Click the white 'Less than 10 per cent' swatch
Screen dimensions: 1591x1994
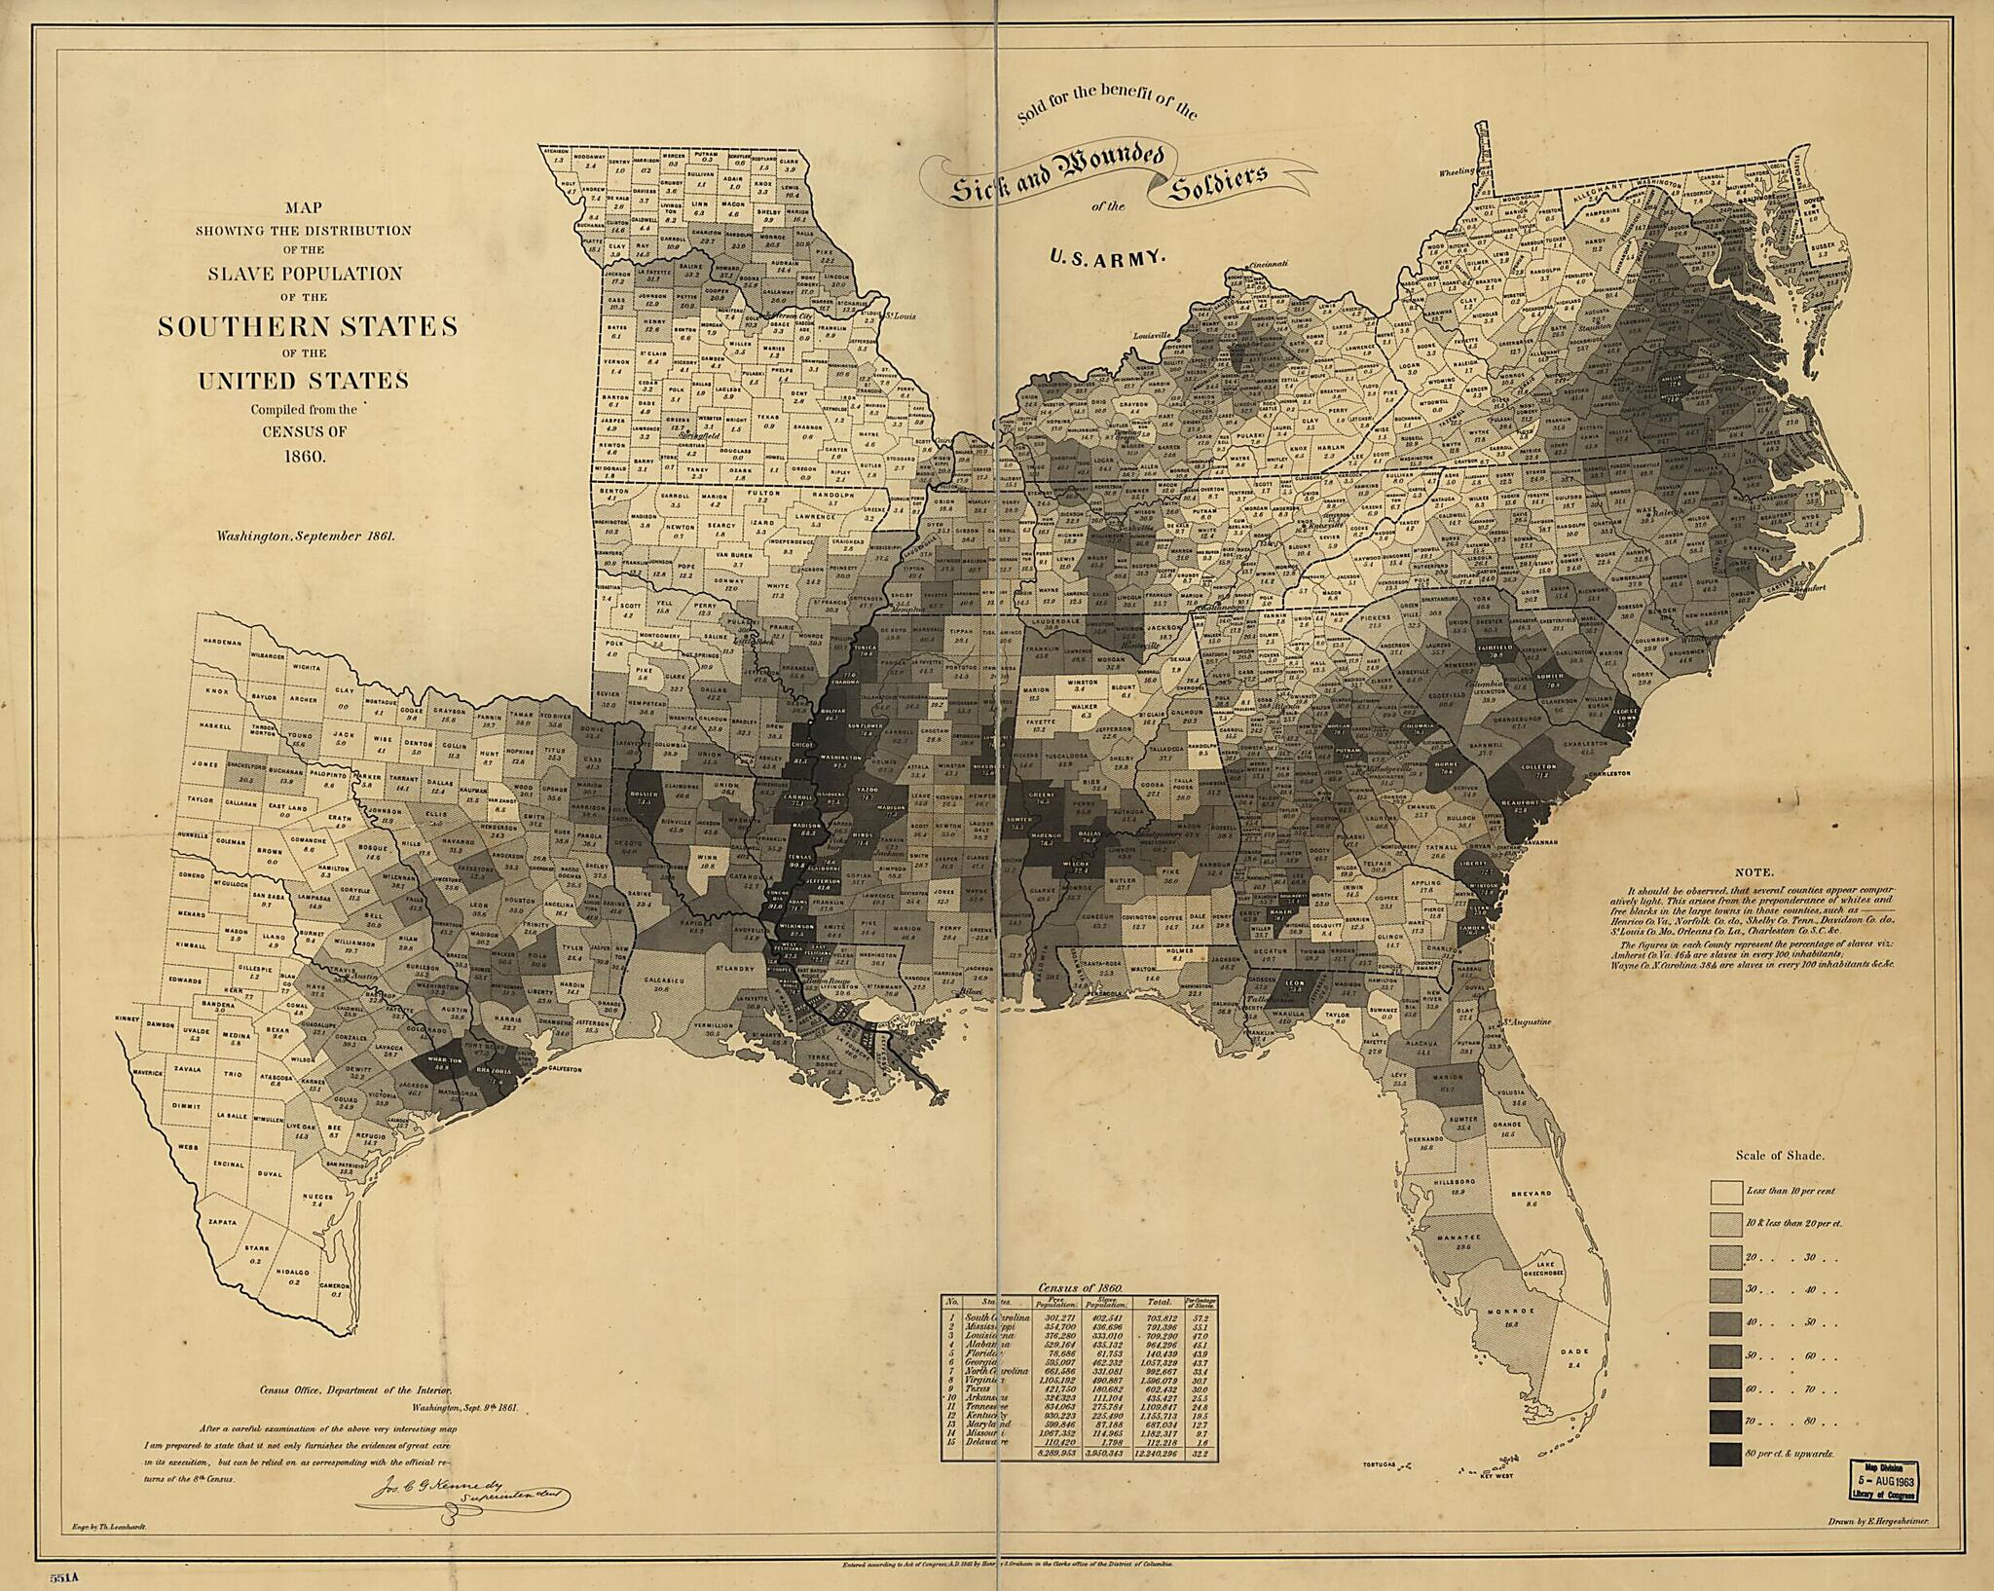click(1726, 1192)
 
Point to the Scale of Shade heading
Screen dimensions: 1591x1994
click(1779, 1156)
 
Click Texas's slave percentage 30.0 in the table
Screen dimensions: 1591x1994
click(1200, 1389)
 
